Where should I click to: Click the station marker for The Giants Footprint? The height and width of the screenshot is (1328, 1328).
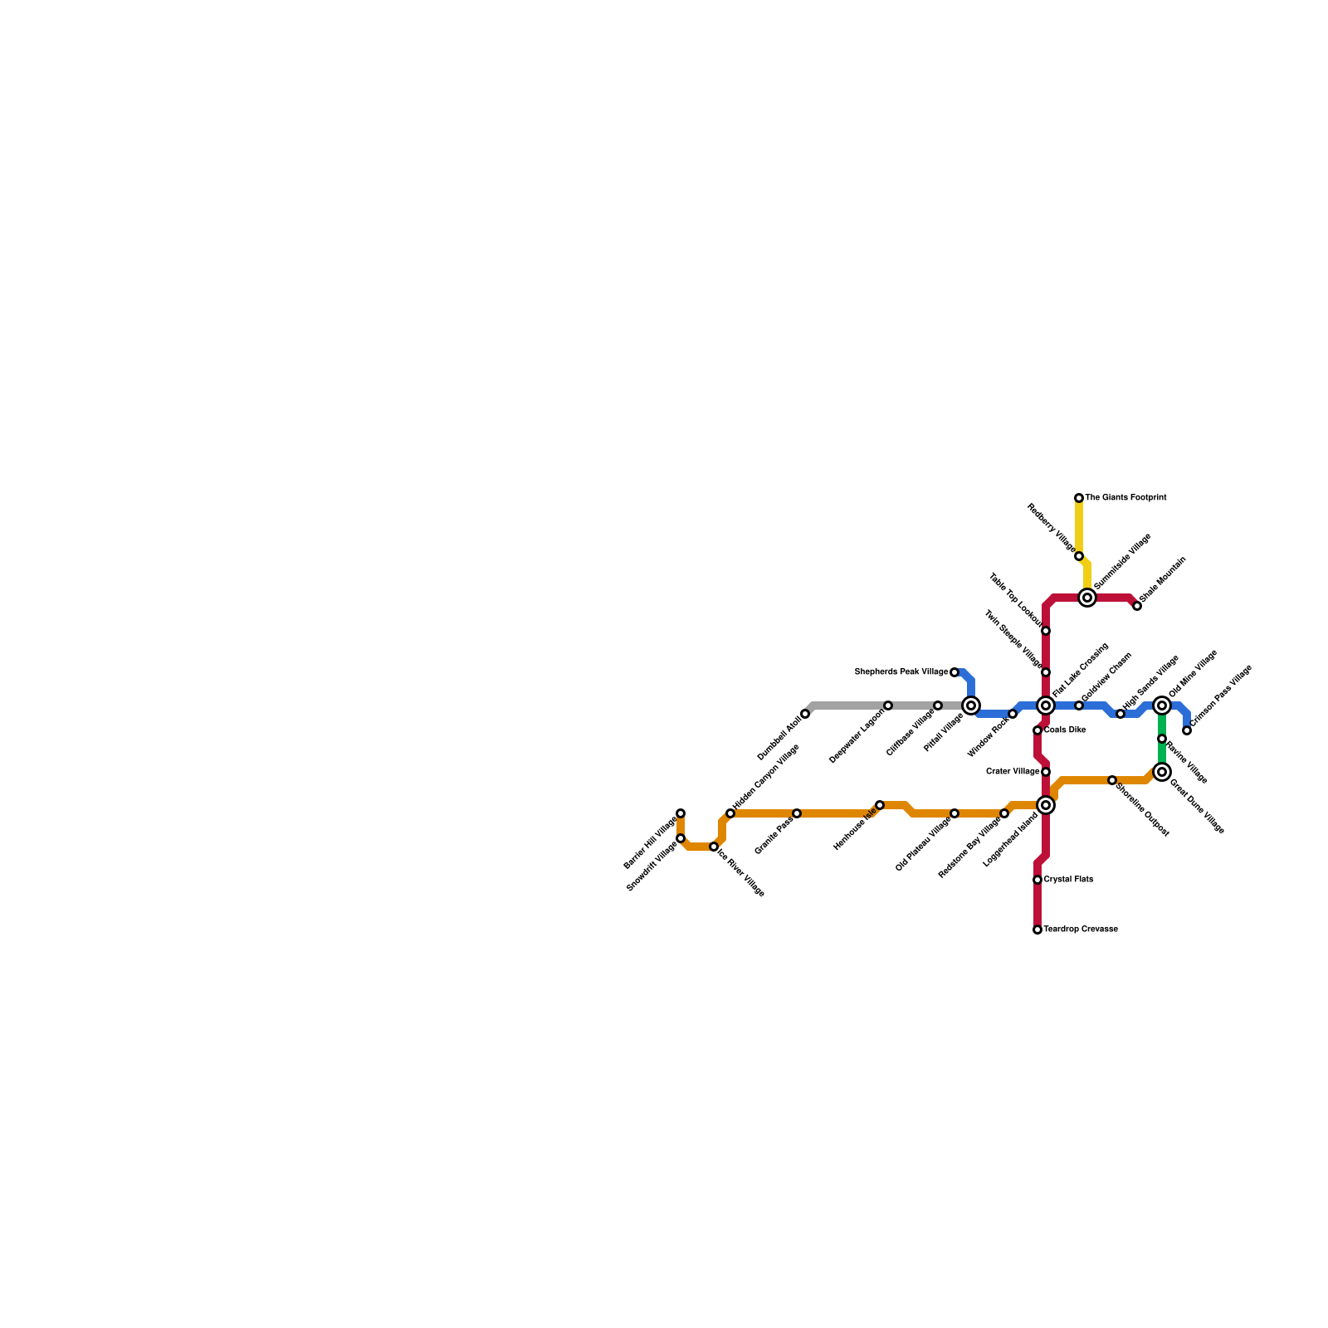point(1079,498)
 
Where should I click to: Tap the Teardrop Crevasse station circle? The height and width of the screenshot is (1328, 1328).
point(1037,930)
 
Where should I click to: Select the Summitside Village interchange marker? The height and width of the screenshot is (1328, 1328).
point(1087,598)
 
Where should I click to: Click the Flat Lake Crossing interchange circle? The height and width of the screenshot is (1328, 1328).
point(1046,705)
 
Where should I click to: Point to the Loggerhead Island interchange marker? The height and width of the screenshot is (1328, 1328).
point(1046,805)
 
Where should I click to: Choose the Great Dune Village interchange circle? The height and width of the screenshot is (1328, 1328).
point(1162,772)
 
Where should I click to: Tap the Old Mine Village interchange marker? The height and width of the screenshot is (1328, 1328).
point(1162,705)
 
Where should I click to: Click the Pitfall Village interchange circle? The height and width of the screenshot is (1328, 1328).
point(971,705)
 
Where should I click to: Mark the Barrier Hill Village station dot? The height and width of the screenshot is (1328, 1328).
point(681,813)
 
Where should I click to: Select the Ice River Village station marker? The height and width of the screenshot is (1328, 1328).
point(714,847)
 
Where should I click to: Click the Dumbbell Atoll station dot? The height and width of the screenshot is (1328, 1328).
point(805,714)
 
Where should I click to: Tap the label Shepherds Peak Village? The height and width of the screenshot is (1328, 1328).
point(901,672)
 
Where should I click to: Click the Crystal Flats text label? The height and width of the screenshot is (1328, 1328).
point(1068,880)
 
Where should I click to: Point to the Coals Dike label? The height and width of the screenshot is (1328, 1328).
point(1065,730)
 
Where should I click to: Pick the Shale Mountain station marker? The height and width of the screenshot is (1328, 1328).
point(1137,606)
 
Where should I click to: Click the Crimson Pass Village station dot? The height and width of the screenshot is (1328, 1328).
point(1187,730)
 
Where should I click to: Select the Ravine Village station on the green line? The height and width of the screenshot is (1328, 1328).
point(1162,739)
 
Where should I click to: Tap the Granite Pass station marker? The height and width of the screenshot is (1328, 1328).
point(797,813)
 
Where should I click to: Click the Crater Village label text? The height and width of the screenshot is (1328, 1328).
point(1013,772)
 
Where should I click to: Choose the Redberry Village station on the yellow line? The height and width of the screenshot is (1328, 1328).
point(1079,556)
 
